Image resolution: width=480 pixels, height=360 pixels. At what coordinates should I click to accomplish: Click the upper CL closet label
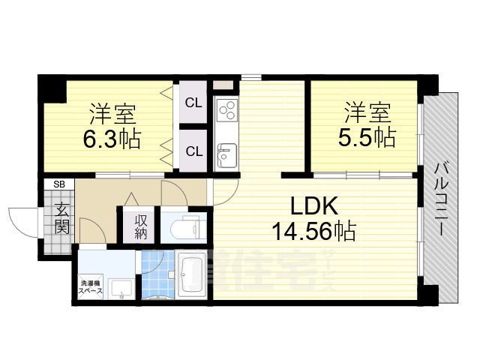pos(193,103)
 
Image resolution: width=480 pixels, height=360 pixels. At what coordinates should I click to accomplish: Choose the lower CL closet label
pos(193,151)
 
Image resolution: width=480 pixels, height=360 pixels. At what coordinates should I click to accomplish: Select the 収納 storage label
pos(141,226)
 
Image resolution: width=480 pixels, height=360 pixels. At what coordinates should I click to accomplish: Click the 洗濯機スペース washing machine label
pos(90,286)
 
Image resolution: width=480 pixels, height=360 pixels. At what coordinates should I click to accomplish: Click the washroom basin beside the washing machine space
pos(118,287)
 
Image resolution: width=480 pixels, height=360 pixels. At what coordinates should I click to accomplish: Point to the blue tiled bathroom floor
pos(157,274)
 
